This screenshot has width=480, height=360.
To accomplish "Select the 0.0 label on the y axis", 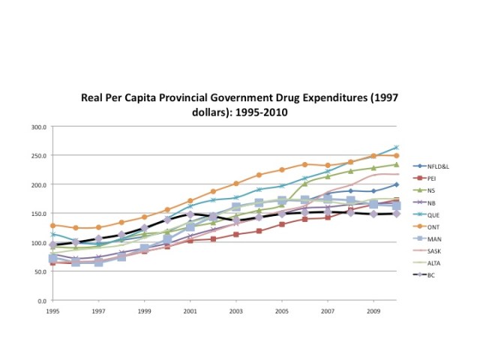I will coord(42,301).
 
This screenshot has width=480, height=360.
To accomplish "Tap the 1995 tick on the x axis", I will coord(52,310).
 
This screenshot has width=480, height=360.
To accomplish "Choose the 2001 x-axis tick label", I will coord(190,310).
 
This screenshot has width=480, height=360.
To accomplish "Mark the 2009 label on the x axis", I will coord(373,310).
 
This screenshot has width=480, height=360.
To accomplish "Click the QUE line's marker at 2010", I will coord(396,148).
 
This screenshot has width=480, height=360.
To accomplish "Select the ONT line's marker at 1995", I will coord(52,225).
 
